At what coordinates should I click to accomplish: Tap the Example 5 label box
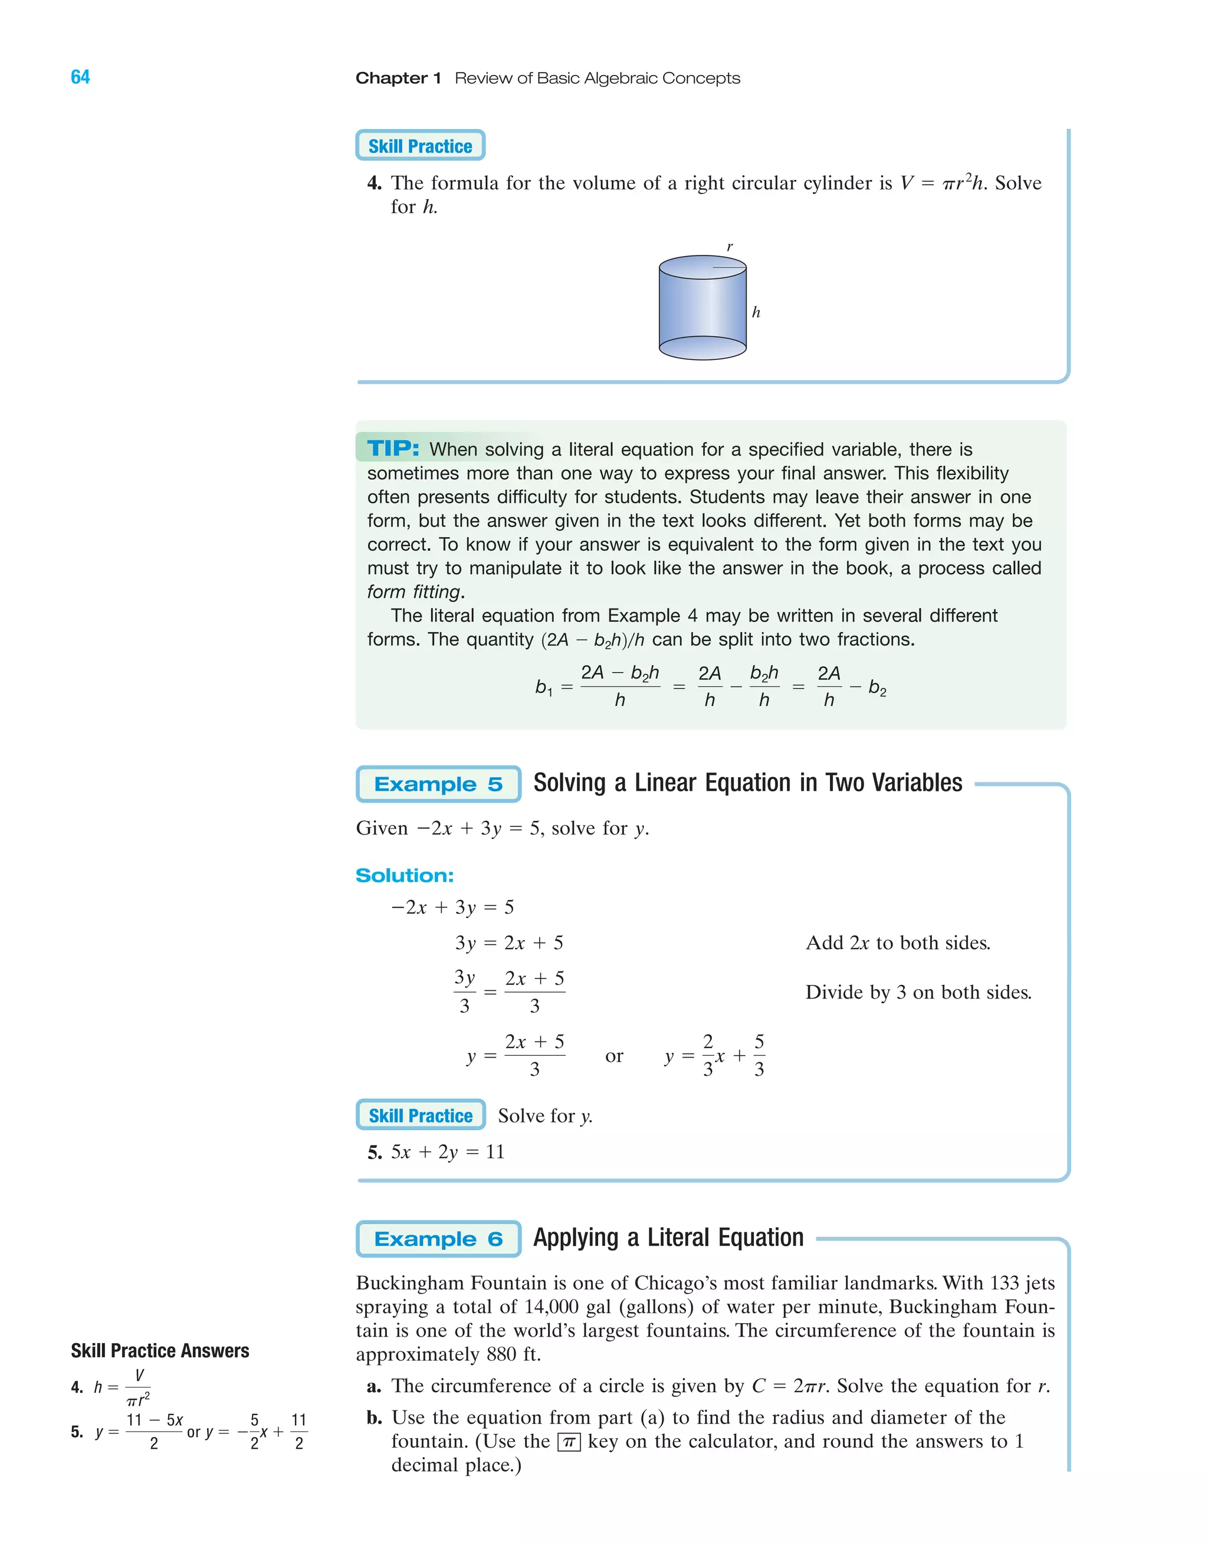(x=438, y=784)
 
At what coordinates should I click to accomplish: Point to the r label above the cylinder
(x=730, y=247)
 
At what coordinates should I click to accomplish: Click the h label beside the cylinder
(x=756, y=312)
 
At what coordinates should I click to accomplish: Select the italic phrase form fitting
(x=413, y=592)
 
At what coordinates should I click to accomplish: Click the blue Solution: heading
(x=405, y=875)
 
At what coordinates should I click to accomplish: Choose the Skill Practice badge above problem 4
(x=420, y=146)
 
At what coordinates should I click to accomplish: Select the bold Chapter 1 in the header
(x=398, y=78)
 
